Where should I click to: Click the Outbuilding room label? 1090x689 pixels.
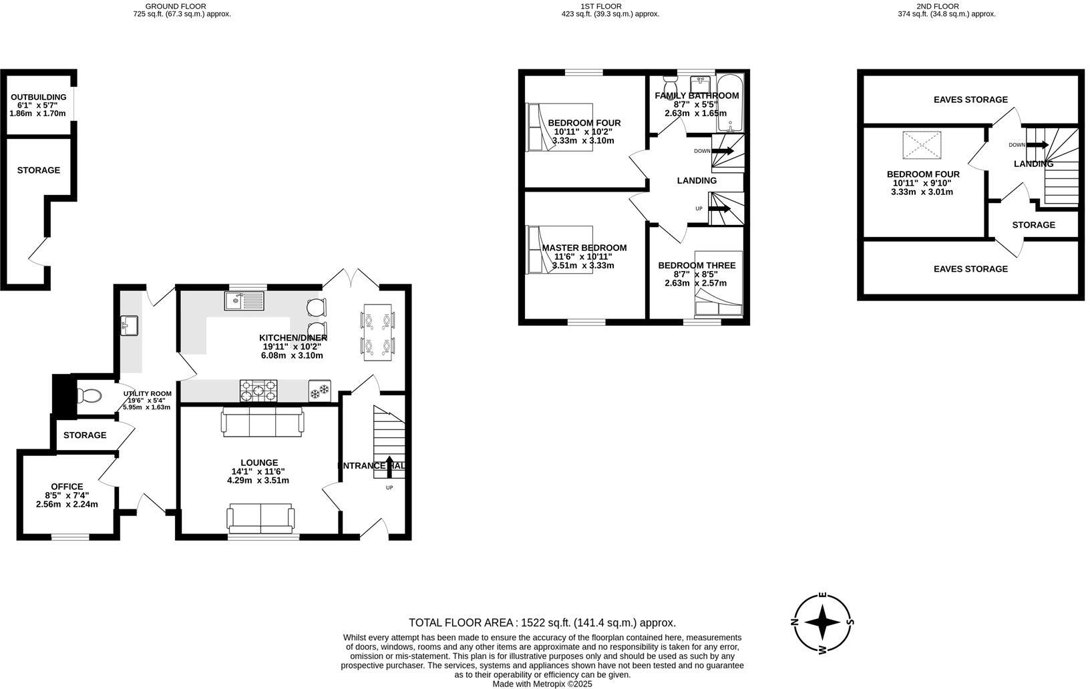tap(38, 97)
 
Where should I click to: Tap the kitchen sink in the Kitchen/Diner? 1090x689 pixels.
tap(244, 302)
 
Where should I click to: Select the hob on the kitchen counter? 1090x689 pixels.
tap(258, 391)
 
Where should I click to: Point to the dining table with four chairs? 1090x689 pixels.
tap(378, 332)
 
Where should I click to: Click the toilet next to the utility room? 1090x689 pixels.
tap(89, 397)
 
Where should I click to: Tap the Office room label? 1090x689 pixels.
tap(67, 487)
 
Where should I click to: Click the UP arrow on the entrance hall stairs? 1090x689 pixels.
tap(390, 463)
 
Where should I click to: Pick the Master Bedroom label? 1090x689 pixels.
tap(584, 248)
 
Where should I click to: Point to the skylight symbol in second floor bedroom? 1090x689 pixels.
tap(921, 146)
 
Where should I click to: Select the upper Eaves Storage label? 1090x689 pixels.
tap(970, 99)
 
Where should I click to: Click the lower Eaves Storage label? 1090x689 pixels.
tap(970, 268)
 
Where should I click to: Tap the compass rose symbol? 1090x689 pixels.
tap(823, 622)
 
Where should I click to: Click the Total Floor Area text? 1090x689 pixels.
tap(542, 622)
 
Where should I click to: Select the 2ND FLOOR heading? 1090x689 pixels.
tap(946, 6)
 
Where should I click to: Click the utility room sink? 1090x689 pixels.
tap(130, 326)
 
